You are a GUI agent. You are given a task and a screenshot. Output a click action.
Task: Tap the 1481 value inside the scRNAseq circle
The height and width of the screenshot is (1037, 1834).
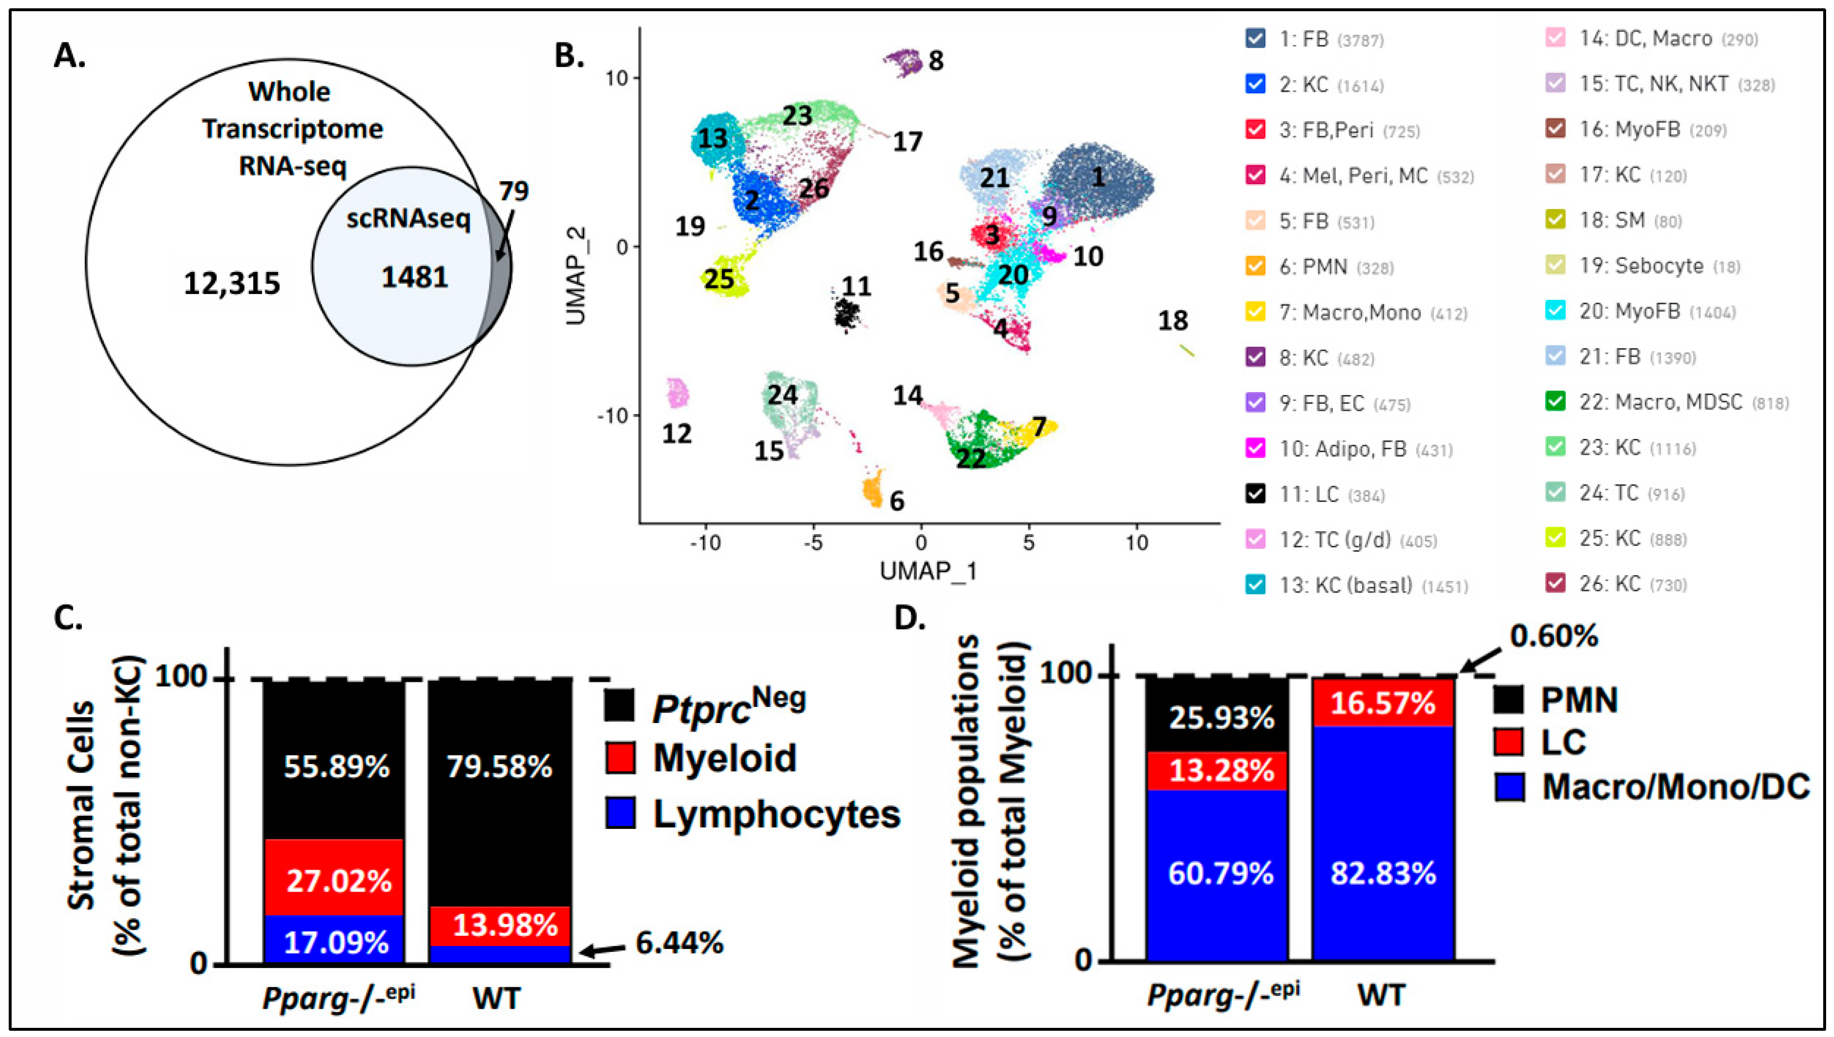(415, 277)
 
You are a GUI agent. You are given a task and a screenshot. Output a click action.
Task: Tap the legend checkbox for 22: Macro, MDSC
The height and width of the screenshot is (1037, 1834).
(1556, 402)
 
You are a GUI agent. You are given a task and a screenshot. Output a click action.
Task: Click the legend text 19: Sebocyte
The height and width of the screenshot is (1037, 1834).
(1660, 266)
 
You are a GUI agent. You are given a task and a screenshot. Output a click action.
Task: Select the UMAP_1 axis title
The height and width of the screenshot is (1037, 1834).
(928, 571)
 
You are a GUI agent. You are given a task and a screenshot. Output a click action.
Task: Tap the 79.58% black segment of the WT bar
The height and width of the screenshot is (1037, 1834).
(498, 766)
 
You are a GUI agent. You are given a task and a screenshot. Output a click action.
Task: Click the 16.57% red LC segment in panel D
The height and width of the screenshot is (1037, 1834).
(1382, 704)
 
